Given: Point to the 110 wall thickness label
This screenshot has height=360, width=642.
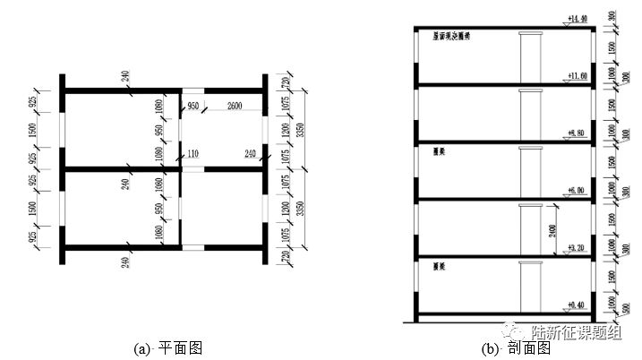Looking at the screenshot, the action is pyautogui.click(x=193, y=154).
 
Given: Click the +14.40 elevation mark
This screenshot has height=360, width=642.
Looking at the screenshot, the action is pyautogui.click(x=578, y=18).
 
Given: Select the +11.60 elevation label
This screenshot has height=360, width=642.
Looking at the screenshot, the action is pyautogui.click(x=578, y=77).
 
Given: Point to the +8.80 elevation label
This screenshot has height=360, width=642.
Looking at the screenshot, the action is pyautogui.click(x=578, y=134).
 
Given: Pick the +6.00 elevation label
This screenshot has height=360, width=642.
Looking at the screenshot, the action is pyautogui.click(x=578, y=191).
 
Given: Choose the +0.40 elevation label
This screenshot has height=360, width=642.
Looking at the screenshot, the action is pyautogui.click(x=578, y=304).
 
